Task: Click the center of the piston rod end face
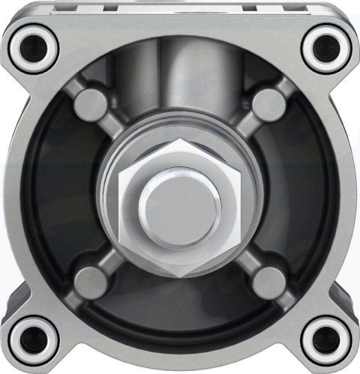click(181, 202)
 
